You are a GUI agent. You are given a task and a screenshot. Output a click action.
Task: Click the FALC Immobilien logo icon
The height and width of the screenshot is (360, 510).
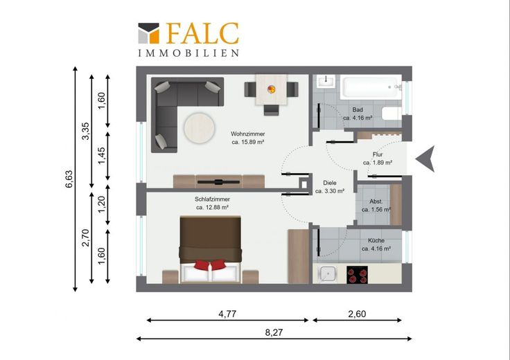pyautogui.click(x=149, y=33)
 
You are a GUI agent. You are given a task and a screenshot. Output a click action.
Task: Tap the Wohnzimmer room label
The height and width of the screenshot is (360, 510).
pyautogui.click(x=248, y=134)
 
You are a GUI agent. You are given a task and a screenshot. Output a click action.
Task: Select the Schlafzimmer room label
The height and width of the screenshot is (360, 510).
pyautogui.click(x=213, y=199)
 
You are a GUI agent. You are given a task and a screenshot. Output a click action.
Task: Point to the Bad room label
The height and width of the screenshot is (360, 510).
pyautogui.click(x=358, y=110)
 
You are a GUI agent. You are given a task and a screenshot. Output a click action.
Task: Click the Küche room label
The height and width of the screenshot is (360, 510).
pyautogui.click(x=376, y=241)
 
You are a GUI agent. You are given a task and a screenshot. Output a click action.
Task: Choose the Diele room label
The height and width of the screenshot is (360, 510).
pyautogui.click(x=330, y=183)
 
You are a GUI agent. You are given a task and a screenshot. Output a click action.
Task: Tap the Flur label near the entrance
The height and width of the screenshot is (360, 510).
pyautogui.click(x=377, y=154)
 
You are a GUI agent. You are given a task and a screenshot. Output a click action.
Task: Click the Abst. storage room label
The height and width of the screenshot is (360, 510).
pyautogui.click(x=376, y=201)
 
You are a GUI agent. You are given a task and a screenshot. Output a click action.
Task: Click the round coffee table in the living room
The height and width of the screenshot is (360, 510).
pyautogui.click(x=200, y=128)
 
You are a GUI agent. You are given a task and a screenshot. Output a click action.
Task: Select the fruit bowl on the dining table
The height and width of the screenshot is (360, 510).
pyautogui.click(x=271, y=89)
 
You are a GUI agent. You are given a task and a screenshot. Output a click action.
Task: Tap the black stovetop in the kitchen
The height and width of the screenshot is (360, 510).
pyautogui.click(x=357, y=275)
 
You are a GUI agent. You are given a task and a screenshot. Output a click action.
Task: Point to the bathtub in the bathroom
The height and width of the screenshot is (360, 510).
pyautogui.click(x=371, y=87)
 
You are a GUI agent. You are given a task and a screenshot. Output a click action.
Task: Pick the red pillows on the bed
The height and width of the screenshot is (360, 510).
pyautogui.click(x=210, y=264)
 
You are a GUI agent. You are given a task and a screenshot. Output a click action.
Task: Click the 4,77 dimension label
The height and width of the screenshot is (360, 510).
pyautogui.click(x=227, y=314)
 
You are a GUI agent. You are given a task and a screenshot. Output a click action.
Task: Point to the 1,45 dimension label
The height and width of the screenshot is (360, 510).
pyautogui.click(x=101, y=156)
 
